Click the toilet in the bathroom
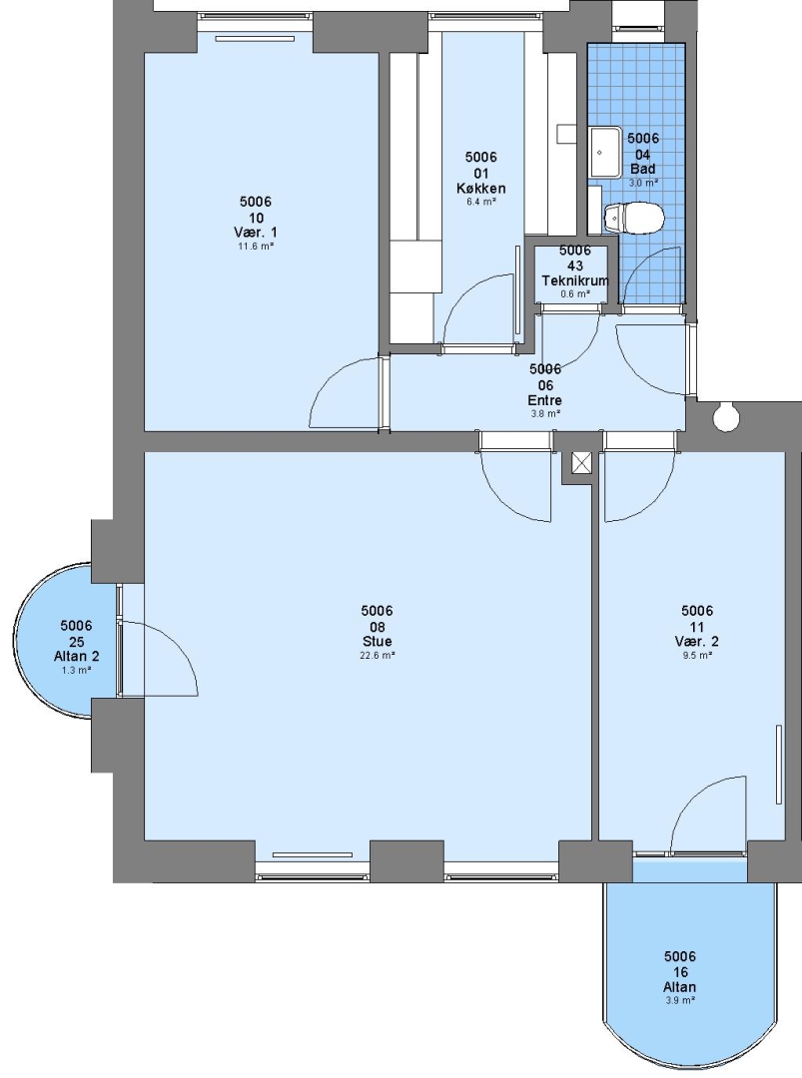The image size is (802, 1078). click(633, 218)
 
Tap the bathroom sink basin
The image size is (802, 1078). click(604, 152)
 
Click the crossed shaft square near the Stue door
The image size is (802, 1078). click(582, 463)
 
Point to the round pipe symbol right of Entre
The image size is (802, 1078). click(725, 417)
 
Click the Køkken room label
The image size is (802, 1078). click(480, 188)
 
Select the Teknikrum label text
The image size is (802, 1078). click(575, 280)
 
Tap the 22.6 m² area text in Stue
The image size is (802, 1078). click(377, 655)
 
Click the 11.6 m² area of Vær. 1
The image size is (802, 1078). click(256, 247)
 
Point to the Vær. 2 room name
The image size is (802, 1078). click(697, 642)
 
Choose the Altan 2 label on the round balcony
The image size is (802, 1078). click(76, 657)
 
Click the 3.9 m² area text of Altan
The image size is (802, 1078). click(680, 1000)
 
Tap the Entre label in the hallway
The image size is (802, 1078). click(544, 400)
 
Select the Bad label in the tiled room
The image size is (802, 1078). click(643, 169)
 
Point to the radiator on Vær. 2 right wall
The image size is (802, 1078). click(779, 764)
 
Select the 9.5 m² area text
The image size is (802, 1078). click(697, 655)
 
